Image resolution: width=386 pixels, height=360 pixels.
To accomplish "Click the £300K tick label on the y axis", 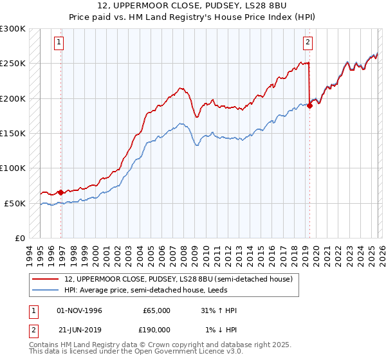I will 13,29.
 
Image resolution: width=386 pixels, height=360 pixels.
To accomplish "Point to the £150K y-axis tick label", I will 13,134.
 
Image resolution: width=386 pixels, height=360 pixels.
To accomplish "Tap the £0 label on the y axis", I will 19,239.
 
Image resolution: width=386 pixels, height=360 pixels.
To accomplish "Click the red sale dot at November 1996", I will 60,192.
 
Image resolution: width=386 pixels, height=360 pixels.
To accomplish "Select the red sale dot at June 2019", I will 309,106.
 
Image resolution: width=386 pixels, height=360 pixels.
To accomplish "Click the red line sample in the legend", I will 45,279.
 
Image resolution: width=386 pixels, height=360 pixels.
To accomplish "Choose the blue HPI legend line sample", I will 45,289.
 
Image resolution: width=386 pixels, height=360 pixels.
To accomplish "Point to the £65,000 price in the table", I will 156,310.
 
